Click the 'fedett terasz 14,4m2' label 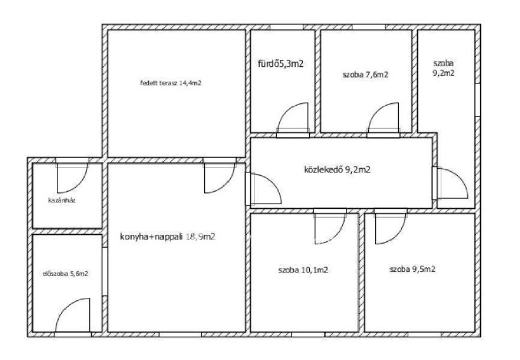tap(171, 83)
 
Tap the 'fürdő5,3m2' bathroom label tap(280, 63)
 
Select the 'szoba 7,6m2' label tap(366, 75)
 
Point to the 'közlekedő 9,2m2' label tap(337, 170)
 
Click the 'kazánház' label tap(62, 200)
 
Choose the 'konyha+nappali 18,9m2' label tap(168, 237)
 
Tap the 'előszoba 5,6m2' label tap(66, 274)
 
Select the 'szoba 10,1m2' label tap(303, 270)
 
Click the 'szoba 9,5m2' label tap(412, 269)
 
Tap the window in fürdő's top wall tap(286, 27)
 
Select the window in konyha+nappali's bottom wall tap(180, 334)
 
